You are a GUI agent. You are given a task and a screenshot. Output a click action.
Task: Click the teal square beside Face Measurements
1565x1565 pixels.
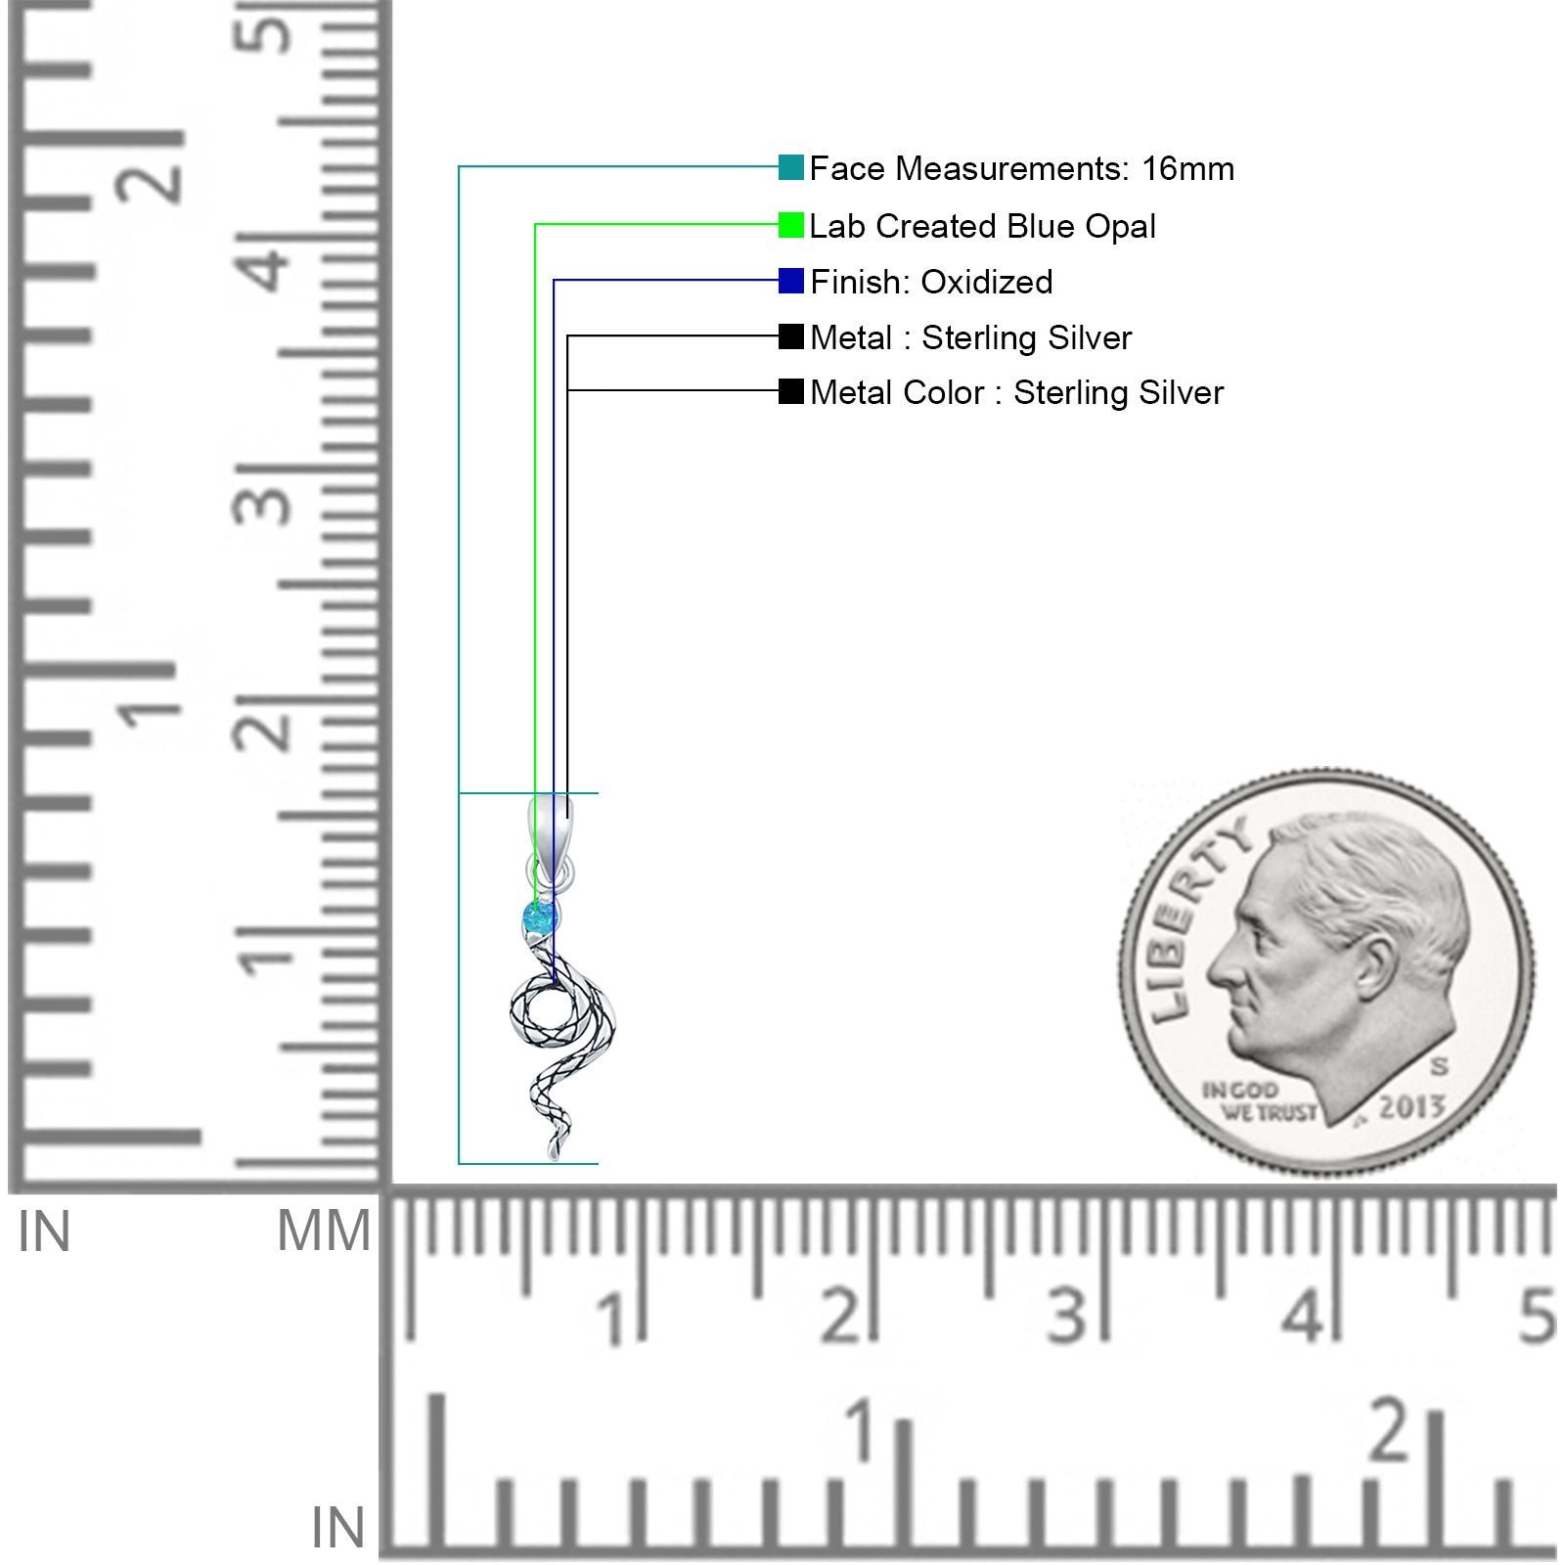(x=790, y=167)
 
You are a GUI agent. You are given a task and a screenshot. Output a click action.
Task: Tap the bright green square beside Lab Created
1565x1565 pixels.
(x=790, y=225)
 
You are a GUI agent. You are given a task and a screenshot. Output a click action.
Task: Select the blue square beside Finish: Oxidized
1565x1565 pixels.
(x=790, y=281)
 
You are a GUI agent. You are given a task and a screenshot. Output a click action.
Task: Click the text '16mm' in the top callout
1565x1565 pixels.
(x=1187, y=168)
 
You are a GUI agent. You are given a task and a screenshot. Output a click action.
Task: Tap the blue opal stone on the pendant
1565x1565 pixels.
(x=539, y=918)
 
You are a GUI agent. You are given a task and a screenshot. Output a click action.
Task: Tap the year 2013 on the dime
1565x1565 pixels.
(x=1410, y=1106)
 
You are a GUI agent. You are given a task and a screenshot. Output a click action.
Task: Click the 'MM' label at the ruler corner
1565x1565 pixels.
(x=324, y=1230)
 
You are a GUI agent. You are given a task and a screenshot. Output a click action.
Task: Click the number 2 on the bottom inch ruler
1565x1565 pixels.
(x=1390, y=1431)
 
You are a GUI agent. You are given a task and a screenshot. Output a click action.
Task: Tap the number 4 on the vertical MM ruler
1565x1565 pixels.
(x=264, y=259)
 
